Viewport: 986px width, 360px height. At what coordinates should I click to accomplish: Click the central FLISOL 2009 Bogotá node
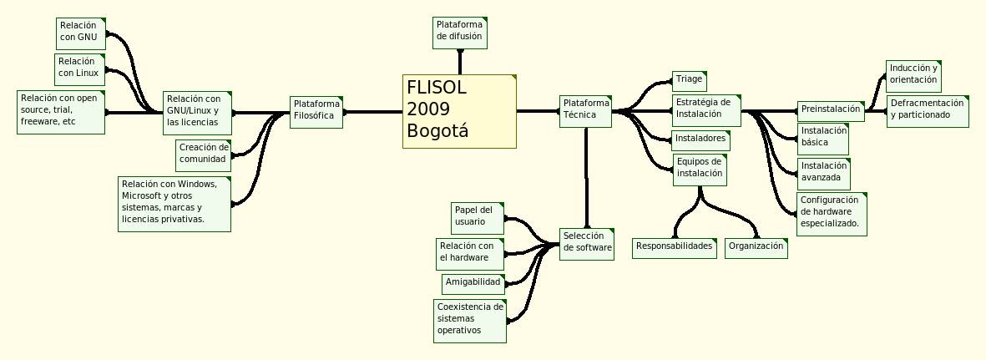click(x=459, y=111)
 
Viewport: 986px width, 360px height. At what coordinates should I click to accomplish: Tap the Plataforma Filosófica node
click(x=316, y=111)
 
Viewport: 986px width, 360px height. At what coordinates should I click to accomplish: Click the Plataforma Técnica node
click(x=585, y=110)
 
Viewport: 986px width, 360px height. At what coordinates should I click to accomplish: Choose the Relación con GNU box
click(x=82, y=33)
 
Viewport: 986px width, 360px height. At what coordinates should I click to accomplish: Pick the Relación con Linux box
click(x=80, y=68)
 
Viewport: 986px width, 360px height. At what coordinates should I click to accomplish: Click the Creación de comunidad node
click(x=204, y=154)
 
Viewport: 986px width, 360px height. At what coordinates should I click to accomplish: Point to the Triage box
click(x=690, y=80)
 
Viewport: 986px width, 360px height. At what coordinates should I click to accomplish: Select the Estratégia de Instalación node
click(x=706, y=109)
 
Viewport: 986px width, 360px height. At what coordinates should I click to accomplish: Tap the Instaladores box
click(x=701, y=139)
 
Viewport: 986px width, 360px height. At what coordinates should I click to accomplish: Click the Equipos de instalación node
click(x=700, y=169)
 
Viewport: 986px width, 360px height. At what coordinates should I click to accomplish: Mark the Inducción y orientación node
click(x=913, y=74)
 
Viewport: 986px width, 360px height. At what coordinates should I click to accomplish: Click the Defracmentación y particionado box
click(x=928, y=110)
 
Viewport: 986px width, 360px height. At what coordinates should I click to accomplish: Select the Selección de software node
click(x=588, y=243)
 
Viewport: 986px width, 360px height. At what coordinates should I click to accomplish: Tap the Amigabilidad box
click(x=473, y=283)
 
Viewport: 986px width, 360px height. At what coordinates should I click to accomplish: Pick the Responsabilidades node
click(x=675, y=247)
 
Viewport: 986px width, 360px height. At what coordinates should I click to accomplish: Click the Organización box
click(x=756, y=247)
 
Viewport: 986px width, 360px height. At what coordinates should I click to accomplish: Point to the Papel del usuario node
click(x=478, y=217)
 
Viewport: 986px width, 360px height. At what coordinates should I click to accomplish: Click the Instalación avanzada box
click(x=824, y=173)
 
